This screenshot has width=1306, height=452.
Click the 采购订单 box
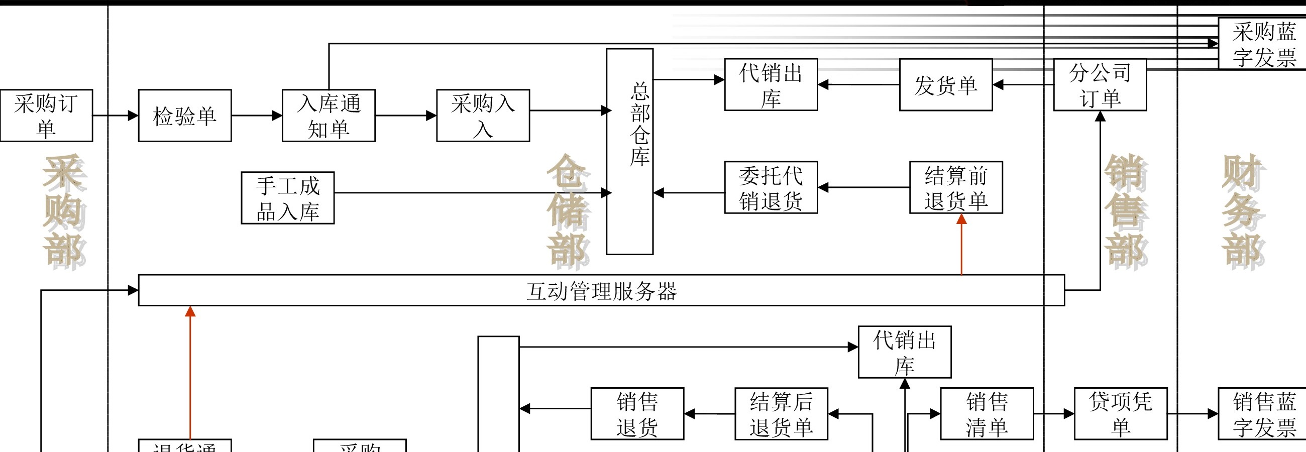[46, 116]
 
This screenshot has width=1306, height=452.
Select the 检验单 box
[184, 116]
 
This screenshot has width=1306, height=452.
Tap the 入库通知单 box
[329, 116]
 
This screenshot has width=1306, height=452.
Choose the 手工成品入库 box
[287, 197]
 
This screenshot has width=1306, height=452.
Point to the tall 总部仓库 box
[630, 151]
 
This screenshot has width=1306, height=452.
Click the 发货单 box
[945, 84]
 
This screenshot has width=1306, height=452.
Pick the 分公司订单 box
[1100, 84]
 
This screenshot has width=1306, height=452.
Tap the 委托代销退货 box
[771, 187]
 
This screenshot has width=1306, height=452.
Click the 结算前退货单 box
[956, 187]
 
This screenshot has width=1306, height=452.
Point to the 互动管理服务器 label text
[601, 291]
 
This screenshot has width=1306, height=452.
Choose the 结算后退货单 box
[781, 413]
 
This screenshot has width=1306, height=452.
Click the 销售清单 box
[987, 413]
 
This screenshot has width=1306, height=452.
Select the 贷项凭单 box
[1121, 413]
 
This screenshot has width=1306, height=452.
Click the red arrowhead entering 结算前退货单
[961, 219]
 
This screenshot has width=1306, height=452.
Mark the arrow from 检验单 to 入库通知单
[257, 116]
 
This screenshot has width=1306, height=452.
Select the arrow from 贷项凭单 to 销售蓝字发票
[1192, 413]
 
